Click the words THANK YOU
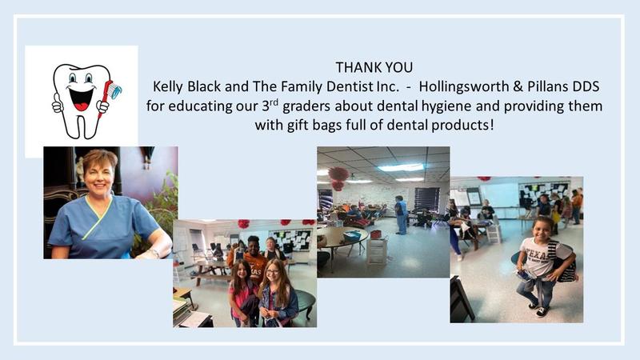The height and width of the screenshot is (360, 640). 374,67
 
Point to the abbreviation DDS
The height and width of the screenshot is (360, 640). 586,86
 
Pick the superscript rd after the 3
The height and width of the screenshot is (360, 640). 274,102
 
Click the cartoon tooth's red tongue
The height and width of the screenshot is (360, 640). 82,106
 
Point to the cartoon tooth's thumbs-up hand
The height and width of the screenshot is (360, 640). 58,105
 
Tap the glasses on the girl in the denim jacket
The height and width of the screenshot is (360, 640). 272,272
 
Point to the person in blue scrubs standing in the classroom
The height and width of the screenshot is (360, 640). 401,214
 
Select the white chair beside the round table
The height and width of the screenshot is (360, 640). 376,250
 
